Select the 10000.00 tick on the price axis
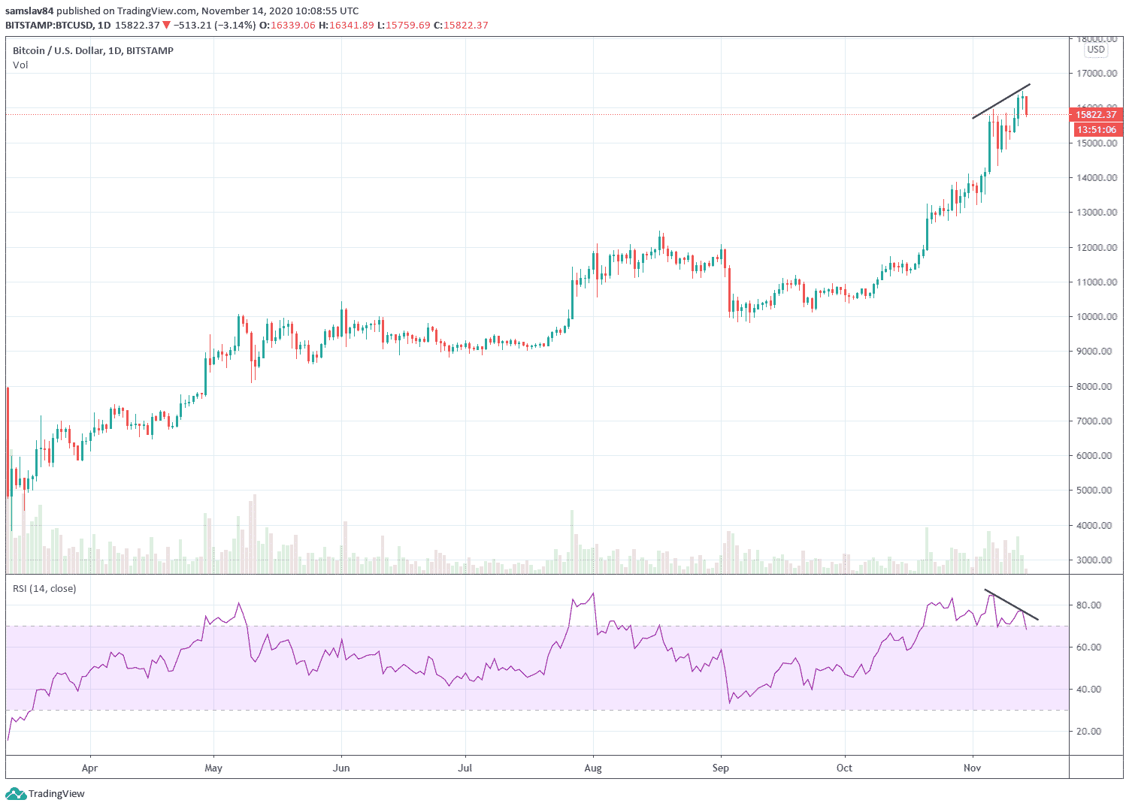click(1096, 317)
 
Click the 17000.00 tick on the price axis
click(1096, 74)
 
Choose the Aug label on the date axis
click(593, 768)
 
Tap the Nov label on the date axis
click(973, 768)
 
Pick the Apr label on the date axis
click(89, 768)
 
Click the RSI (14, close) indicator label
click(44, 589)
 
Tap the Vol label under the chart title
click(20, 65)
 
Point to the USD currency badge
click(1096, 50)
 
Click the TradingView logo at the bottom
click(46, 794)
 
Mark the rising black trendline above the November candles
click(1000, 101)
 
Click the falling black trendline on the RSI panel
click(1011, 605)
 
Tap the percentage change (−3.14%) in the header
click(235, 26)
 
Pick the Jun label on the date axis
click(341, 768)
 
